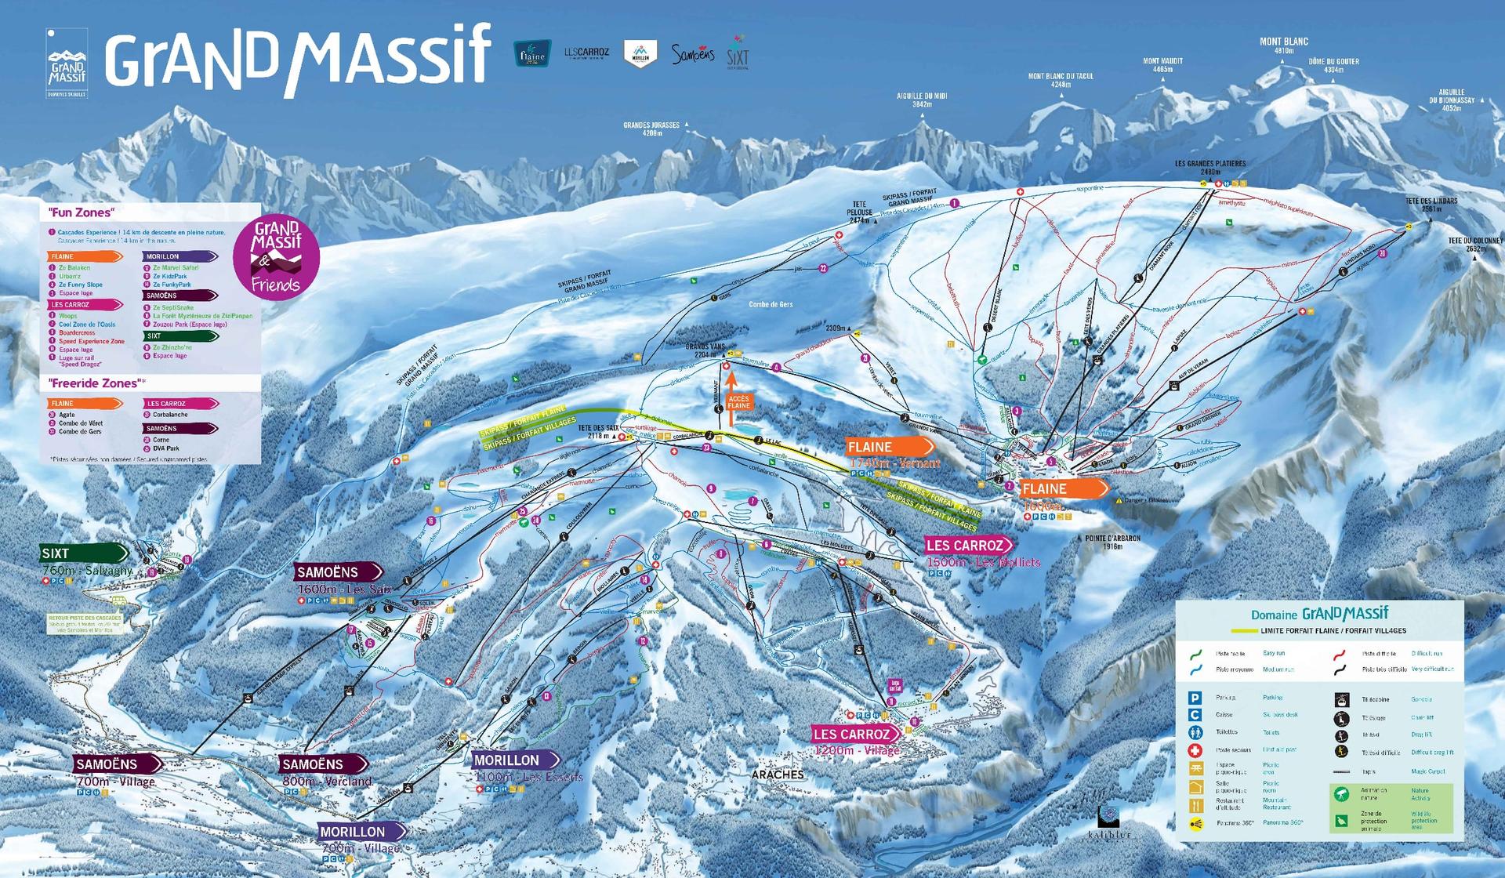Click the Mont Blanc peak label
click(x=1283, y=42)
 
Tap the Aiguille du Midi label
click(x=922, y=96)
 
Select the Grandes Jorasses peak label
click(x=651, y=125)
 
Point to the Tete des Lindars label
click(x=1431, y=201)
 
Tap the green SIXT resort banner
click(x=83, y=553)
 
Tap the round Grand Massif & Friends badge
click(x=276, y=257)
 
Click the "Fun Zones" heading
click(x=81, y=212)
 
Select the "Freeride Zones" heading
click(x=96, y=383)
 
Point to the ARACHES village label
click(x=778, y=775)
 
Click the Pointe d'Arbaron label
click(x=1112, y=539)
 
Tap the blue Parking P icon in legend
click(x=1195, y=698)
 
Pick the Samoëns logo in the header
click(x=693, y=54)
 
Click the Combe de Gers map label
click(x=771, y=305)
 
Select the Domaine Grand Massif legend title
click(x=1319, y=614)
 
